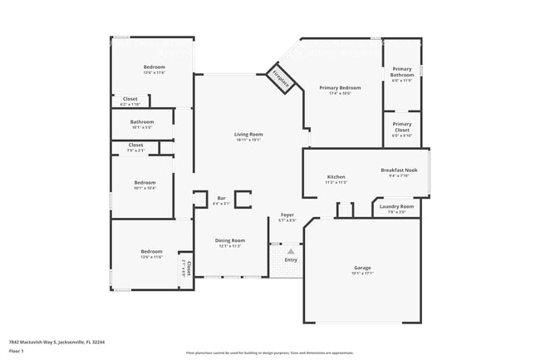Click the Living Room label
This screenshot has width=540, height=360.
(x=248, y=135)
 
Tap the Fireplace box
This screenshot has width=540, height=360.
(x=282, y=78)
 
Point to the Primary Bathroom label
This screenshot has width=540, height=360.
(x=402, y=72)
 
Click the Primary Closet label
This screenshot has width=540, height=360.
(x=402, y=126)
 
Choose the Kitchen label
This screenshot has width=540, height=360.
(x=336, y=177)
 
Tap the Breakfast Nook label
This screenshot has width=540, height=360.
(x=399, y=170)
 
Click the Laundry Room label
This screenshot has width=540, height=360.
(x=396, y=207)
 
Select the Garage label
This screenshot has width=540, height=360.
(x=362, y=268)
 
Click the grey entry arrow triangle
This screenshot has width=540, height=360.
(x=291, y=249)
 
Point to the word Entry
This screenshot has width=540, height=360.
(x=291, y=259)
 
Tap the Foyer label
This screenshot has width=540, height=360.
(x=287, y=215)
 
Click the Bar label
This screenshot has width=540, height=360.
(x=221, y=198)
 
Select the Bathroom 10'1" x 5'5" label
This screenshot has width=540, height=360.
(x=142, y=123)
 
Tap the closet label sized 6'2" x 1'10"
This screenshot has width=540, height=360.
(x=130, y=100)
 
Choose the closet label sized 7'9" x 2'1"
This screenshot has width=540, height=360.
(x=135, y=146)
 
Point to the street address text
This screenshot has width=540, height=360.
(x=56, y=341)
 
